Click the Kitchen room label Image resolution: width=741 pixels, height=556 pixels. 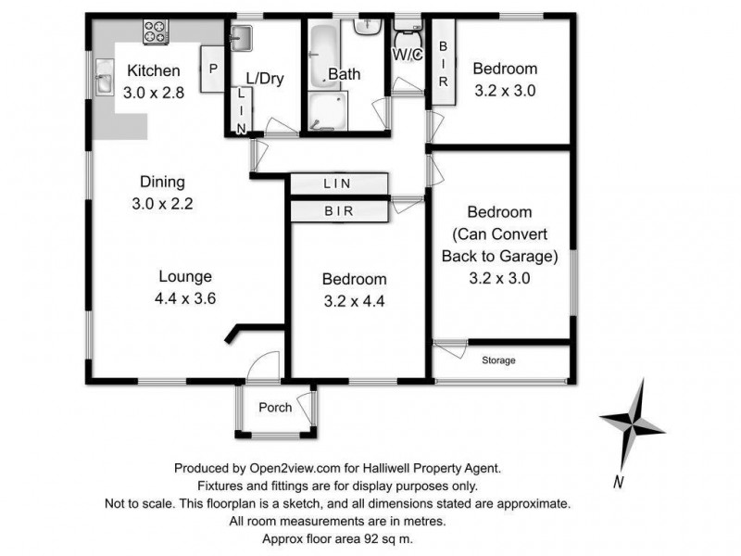tap(148, 71)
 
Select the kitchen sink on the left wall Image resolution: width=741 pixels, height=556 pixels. tap(102, 83)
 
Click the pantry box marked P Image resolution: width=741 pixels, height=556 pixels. tap(212, 69)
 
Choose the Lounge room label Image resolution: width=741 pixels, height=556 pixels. tap(185, 276)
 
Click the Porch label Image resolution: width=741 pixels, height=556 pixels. tap(275, 408)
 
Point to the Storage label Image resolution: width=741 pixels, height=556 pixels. tap(497, 360)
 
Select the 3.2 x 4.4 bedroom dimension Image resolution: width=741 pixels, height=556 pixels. tap(354, 300)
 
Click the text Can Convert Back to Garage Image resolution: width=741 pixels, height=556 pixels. tap(500, 244)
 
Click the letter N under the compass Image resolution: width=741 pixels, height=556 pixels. tap(618, 481)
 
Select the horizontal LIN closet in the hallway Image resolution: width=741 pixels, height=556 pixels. tap(336, 184)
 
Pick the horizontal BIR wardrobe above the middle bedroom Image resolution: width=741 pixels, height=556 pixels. tap(337, 211)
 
